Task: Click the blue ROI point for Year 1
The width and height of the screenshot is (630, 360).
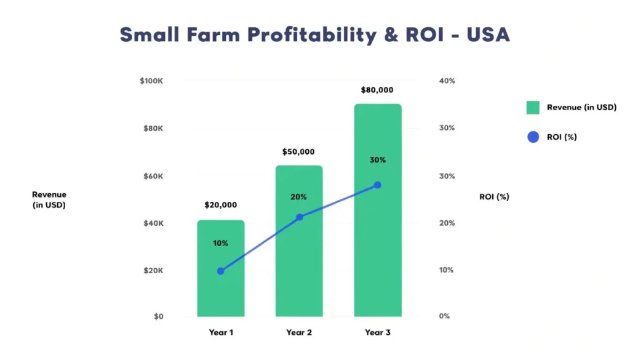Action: tap(221, 271)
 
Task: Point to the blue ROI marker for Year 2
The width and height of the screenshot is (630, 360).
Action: tap(300, 217)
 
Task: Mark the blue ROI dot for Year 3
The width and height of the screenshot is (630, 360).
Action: tap(378, 185)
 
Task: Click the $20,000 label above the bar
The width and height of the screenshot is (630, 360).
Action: tap(221, 205)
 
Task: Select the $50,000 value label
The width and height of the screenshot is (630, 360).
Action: tap(299, 151)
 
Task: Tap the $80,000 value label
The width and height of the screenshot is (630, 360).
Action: tap(377, 90)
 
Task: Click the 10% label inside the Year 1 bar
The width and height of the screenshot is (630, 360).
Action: tap(221, 243)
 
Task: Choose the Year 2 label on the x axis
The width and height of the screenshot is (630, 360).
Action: tap(299, 332)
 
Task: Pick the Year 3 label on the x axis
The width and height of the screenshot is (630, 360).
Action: tap(378, 332)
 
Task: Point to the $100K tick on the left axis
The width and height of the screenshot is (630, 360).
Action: tap(151, 81)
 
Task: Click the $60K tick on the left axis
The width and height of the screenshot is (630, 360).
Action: tap(153, 176)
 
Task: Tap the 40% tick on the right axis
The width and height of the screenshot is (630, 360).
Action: tap(447, 81)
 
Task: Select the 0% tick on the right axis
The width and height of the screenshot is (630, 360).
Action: tap(444, 316)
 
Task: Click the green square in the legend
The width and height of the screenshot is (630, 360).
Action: tap(533, 108)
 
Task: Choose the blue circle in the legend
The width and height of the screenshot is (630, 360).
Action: tap(533, 137)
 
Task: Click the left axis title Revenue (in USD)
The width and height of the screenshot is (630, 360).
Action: tap(49, 200)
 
